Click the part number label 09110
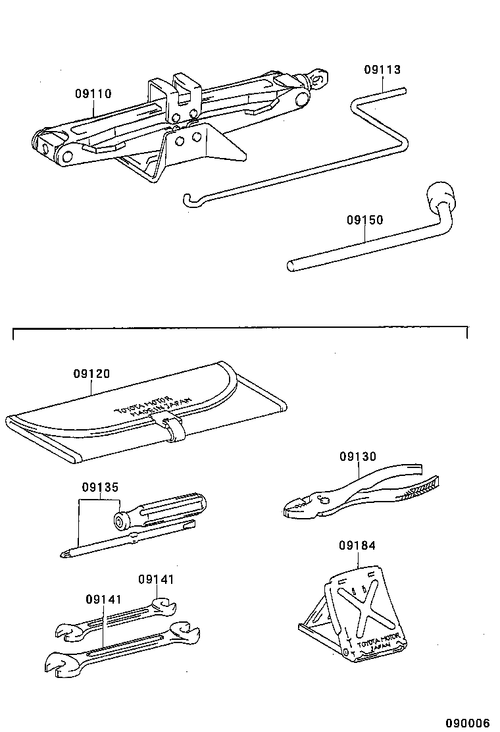[x=92, y=94]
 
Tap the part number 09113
[x=382, y=70]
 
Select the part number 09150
[x=364, y=220]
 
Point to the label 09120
[x=91, y=374]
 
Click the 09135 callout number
[x=100, y=488]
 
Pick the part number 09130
[x=358, y=456]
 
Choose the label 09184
[x=358, y=546]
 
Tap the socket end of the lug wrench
[x=439, y=196]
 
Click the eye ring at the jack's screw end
[x=320, y=76]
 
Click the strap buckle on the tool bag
[x=174, y=429]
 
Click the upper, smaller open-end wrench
[x=112, y=621]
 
